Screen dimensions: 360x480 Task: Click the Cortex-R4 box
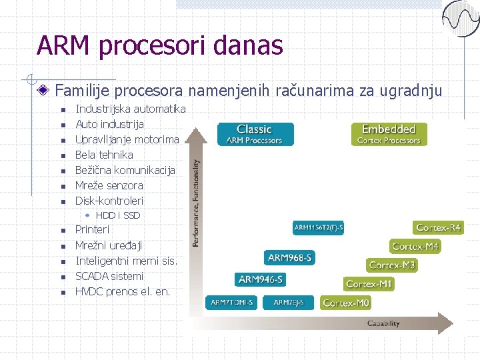click(438, 228)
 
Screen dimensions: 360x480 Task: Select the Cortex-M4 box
click(415, 247)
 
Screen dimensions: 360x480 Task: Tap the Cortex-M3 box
click(392, 265)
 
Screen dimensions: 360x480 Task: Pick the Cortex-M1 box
click(369, 284)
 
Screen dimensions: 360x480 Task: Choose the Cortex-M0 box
click(346, 303)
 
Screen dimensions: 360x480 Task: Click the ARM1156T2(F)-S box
click(319, 228)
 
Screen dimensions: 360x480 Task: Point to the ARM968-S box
click(289, 257)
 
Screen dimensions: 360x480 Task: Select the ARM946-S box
click(260, 279)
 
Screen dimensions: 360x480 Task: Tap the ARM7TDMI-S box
click(231, 303)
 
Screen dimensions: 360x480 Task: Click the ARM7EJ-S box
click(289, 303)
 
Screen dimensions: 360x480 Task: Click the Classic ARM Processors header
click(254, 134)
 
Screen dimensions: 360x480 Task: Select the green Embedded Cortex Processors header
click(389, 134)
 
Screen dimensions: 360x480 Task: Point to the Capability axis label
click(383, 323)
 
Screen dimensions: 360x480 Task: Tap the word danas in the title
click(249, 46)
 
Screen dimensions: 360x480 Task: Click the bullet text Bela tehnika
click(104, 155)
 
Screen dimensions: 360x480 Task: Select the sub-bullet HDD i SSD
click(118, 215)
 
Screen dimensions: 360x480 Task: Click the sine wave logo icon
click(461, 19)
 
